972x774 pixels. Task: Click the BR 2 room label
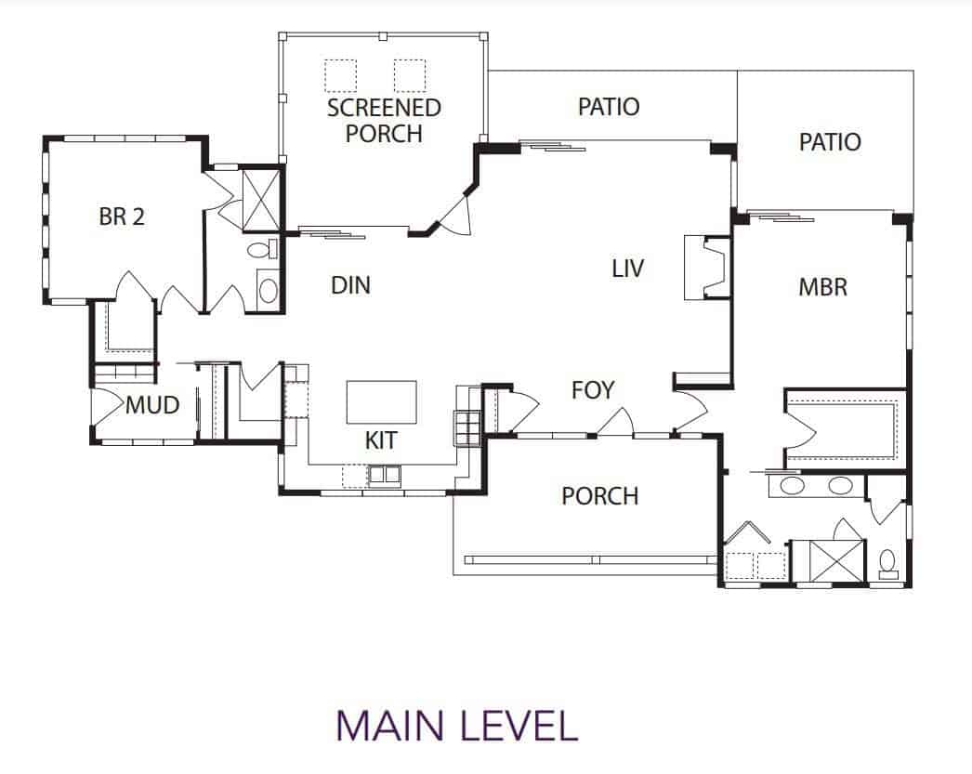pos(122,216)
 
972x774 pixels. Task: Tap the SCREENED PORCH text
pos(384,120)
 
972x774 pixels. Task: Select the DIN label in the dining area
pos(350,285)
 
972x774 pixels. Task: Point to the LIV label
pos(628,269)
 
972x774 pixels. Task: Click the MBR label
pos(822,286)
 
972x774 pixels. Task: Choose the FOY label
pos(593,390)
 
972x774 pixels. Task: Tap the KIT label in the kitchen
pos(381,440)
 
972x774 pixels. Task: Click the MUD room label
pos(152,406)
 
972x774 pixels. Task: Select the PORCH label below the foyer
pos(599,496)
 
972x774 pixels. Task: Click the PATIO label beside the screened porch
pos(609,107)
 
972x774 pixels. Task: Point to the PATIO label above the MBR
pos(829,142)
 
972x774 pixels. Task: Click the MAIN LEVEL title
pos(456,726)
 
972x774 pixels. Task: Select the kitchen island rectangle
pos(382,401)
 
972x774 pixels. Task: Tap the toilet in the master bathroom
pos(887,563)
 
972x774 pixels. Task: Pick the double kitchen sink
pos(384,476)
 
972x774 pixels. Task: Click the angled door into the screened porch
pos(459,216)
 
